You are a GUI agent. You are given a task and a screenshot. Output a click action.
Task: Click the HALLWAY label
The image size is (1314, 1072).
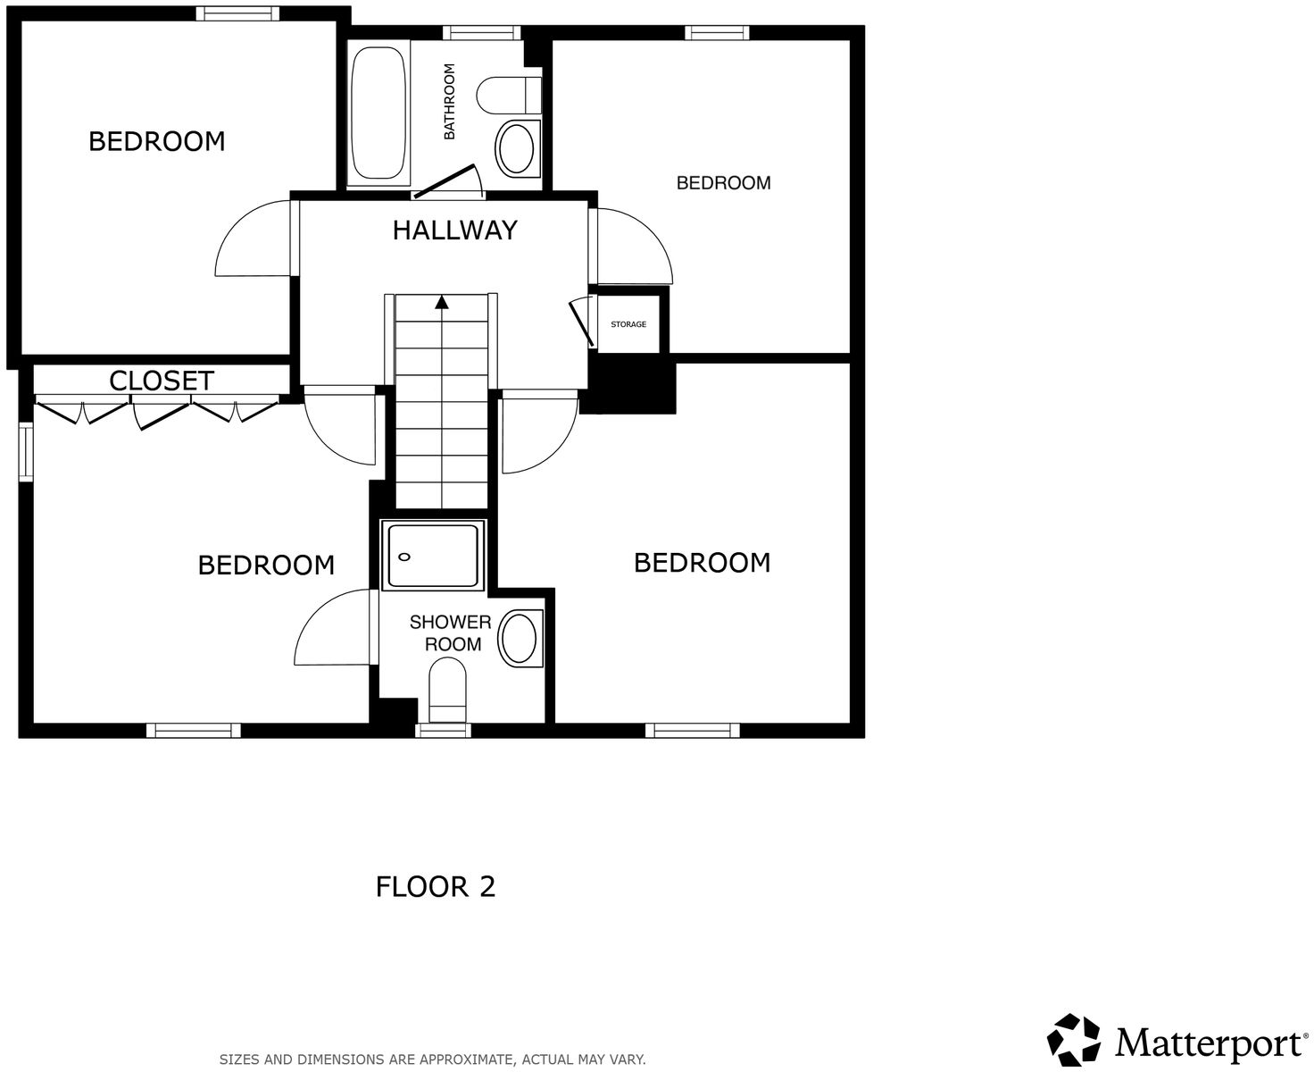tap(454, 230)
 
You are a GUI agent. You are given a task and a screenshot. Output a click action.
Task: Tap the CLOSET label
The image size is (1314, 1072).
tap(162, 381)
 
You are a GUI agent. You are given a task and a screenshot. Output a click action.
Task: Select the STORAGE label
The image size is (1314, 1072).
tap(628, 324)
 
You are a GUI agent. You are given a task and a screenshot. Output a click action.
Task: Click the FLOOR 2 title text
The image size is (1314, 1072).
tap(436, 887)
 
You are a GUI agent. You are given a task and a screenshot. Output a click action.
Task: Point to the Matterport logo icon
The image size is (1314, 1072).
tap(1074, 1040)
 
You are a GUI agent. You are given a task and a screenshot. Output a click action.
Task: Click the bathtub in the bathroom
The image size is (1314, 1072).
tap(378, 113)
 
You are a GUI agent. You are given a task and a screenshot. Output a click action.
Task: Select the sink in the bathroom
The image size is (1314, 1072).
tap(516, 147)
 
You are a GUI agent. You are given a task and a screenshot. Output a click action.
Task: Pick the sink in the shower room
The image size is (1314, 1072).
tap(520, 639)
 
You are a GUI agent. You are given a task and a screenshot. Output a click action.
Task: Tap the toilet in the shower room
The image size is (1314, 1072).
tap(448, 689)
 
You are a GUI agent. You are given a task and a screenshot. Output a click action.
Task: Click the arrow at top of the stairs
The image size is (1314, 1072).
tap(441, 302)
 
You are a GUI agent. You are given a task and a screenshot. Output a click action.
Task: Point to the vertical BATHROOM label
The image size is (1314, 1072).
tap(449, 101)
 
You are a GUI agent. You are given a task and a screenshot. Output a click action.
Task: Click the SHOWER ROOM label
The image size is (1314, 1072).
tap(452, 633)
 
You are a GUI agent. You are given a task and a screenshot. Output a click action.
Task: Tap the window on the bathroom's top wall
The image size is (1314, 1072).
tap(482, 33)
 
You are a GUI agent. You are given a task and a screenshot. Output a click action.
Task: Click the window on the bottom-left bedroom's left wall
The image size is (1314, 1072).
tap(26, 451)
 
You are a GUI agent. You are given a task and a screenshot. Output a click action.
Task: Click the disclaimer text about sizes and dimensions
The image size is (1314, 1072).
tap(432, 1059)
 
